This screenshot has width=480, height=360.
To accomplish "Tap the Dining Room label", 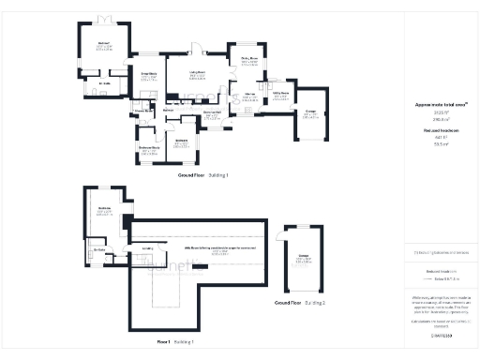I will point(248,59).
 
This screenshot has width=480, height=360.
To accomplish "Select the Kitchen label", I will point(249,95).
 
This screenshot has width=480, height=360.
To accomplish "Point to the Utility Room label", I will point(280,93).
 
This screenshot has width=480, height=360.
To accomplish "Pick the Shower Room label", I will point(142,110).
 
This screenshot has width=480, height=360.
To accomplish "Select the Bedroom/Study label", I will point(148,147).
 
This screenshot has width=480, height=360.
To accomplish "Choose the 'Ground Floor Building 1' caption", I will point(203,175).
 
